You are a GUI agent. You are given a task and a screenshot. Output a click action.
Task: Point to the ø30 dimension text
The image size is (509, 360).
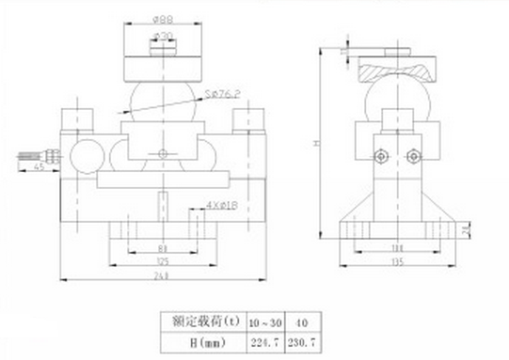point(161,37)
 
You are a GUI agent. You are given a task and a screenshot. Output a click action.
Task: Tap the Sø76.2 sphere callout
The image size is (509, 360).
point(220,93)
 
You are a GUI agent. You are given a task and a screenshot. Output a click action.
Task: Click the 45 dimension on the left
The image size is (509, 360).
point(38,167)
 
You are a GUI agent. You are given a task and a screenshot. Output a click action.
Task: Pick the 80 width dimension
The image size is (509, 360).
point(162,248)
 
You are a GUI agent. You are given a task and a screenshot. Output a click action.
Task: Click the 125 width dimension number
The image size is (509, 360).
point(162,260)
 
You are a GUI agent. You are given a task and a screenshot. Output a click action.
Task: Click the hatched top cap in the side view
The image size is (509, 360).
point(395,70)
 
